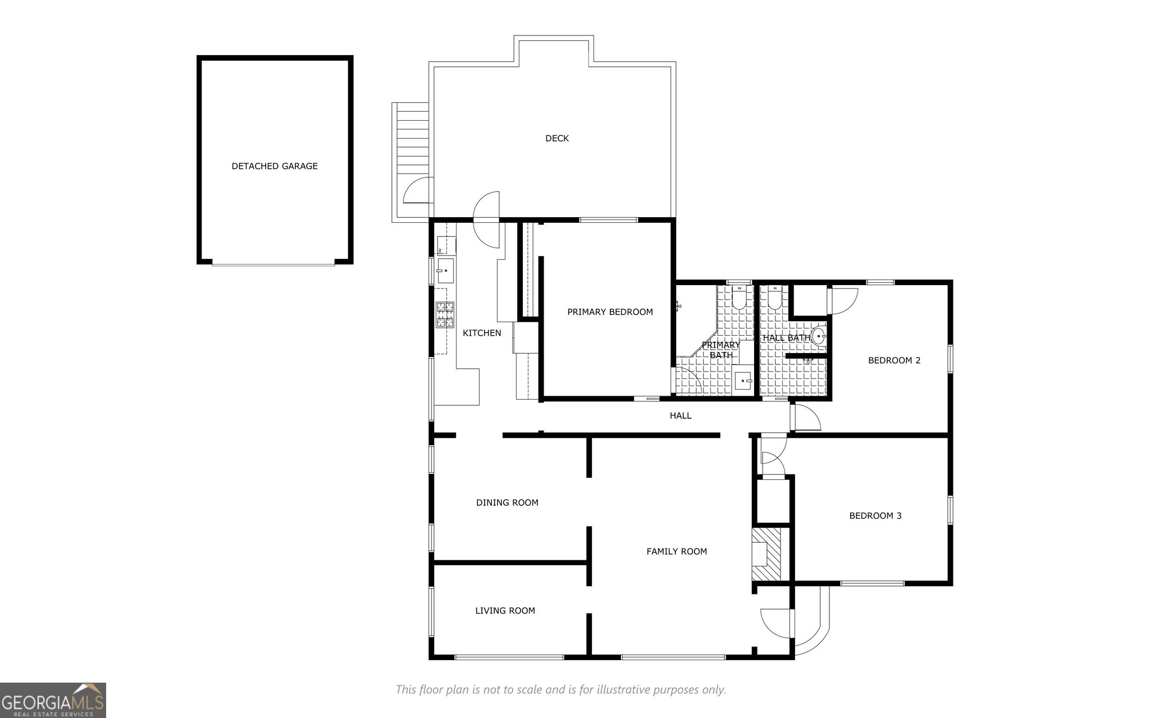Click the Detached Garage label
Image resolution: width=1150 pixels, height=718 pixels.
(x=275, y=166)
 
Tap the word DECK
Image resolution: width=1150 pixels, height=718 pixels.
(x=557, y=138)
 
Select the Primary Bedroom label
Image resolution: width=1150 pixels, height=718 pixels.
(x=610, y=312)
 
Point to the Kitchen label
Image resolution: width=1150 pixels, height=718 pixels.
(x=482, y=333)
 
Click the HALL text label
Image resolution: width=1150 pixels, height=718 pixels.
(x=681, y=416)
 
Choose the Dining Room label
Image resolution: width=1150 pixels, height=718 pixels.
(x=507, y=503)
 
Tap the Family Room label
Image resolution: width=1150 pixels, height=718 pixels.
(x=677, y=552)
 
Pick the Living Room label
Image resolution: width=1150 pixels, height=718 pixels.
(x=505, y=611)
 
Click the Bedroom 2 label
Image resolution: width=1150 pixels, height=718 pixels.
(x=894, y=360)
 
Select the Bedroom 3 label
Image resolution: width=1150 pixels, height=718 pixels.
(x=875, y=516)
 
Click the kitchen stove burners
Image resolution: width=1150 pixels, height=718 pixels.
(x=445, y=314)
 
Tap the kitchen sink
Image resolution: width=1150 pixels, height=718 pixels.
(x=445, y=271)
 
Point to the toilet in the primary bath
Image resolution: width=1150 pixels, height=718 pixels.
(x=738, y=298)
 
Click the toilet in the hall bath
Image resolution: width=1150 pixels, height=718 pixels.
(x=775, y=298)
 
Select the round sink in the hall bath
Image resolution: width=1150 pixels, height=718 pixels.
(x=819, y=336)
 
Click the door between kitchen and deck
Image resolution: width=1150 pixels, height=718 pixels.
(x=486, y=219)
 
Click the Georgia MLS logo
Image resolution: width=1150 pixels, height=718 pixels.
(x=53, y=700)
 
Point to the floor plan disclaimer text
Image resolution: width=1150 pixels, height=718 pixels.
(x=561, y=689)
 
